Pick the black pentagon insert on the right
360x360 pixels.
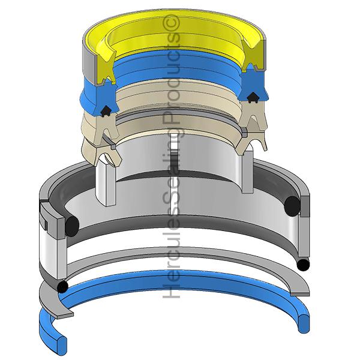click(x=253, y=97)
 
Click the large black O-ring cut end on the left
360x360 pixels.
click(x=72, y=226)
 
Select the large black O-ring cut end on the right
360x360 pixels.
click(x=292, y=206)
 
